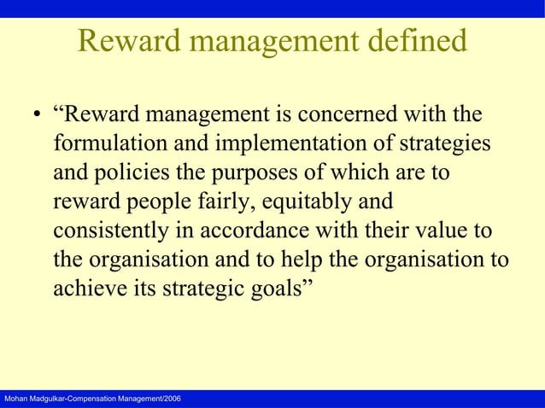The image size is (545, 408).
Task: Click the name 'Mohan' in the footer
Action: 16,400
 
